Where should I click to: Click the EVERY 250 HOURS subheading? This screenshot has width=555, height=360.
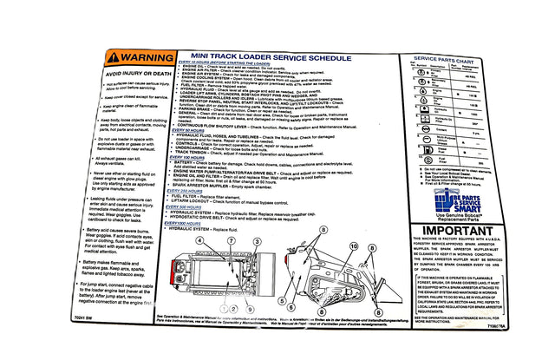[x=198, y=189]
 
